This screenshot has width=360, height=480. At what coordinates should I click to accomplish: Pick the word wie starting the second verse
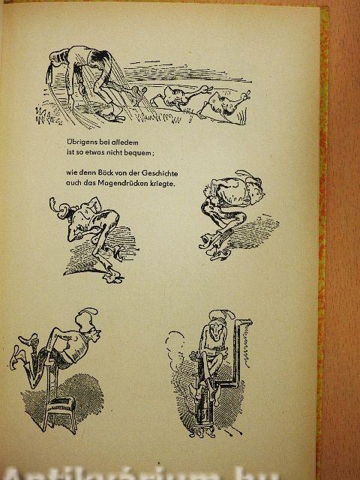tap(70, 173)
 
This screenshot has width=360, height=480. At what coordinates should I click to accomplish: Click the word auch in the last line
tap(72, 184)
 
